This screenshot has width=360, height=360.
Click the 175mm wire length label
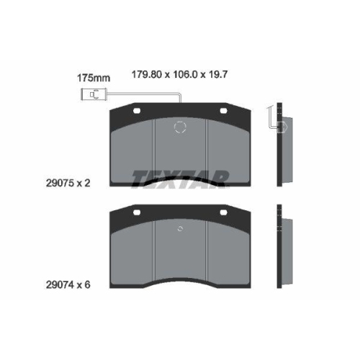[94, 78]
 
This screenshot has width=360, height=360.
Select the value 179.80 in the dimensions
[147, 74]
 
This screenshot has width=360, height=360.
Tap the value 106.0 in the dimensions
[185, 74]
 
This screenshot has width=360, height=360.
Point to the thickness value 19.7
[218, 74]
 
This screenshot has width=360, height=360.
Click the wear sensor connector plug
[93, 94]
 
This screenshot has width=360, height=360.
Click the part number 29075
[60, 184]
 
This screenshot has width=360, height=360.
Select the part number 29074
[60, 285]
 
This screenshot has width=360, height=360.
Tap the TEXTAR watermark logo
[181, 179]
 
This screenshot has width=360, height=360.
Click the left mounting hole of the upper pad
[137, 111]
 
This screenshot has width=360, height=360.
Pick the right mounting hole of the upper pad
[223, 111]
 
